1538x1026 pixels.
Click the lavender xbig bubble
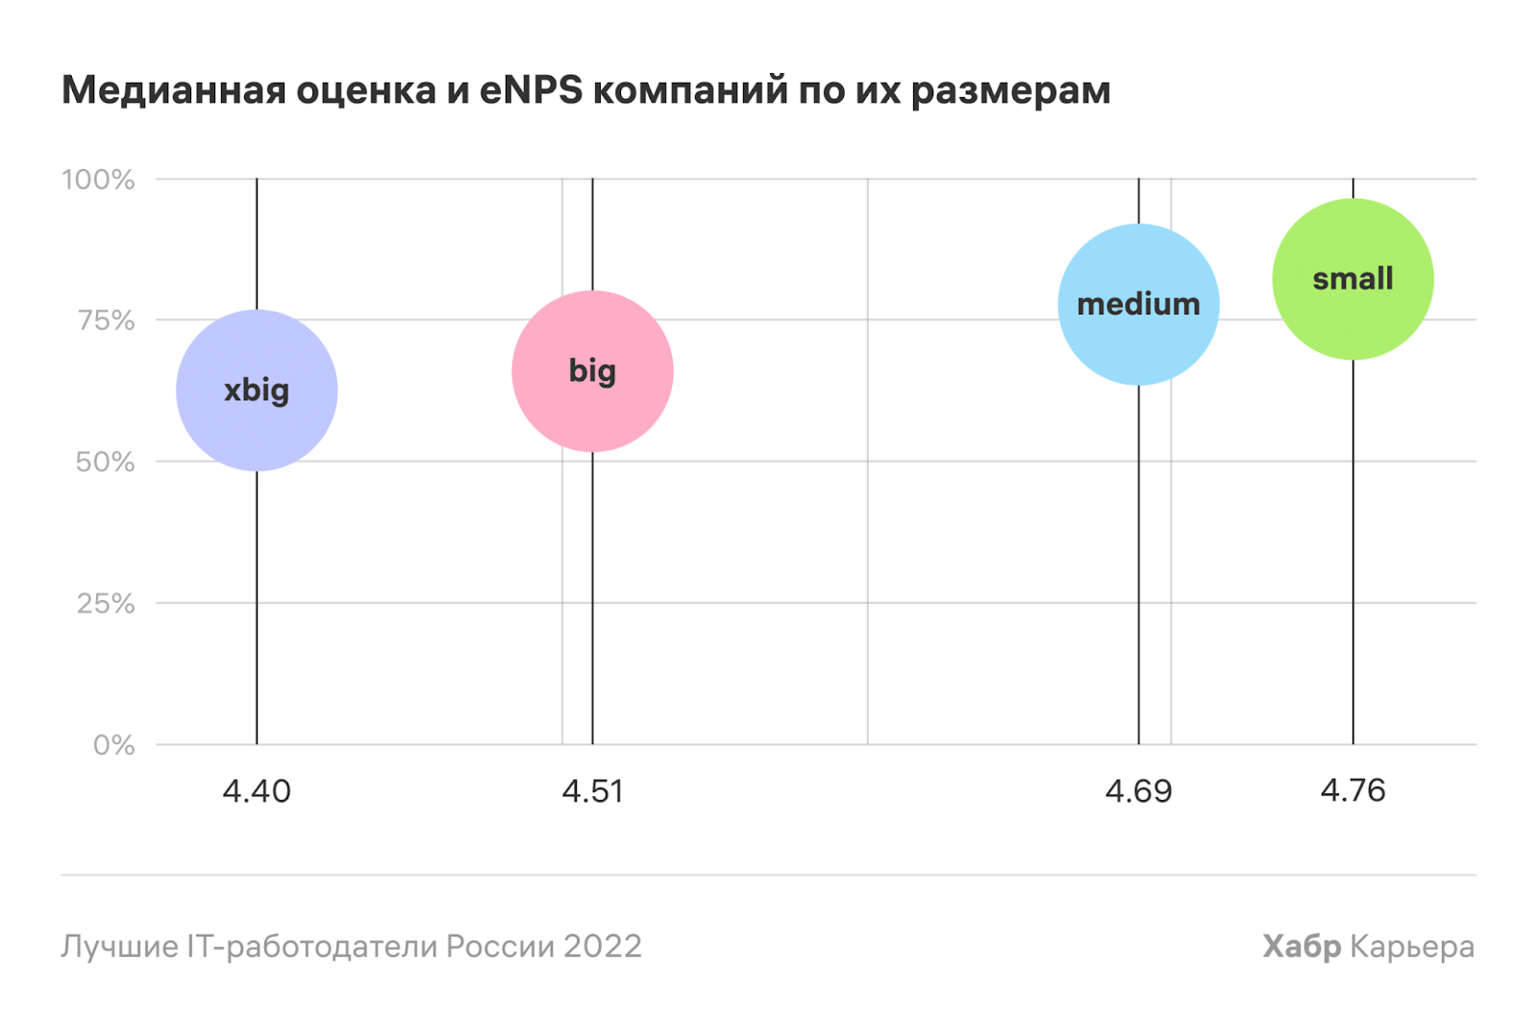(x=257, y=390)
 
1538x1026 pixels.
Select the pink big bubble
(x=592, y=371)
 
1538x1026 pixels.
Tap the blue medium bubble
(x=1138, y=305)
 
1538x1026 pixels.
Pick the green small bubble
(x=1352, y=279)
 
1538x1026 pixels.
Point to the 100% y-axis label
(x=98, y=180)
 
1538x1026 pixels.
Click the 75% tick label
(x=106, y=320)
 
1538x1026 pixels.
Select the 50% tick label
(x=105, y=462)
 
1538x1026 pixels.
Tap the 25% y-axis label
(x=106, y=604)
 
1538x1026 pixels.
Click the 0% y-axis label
(x=113, y=745)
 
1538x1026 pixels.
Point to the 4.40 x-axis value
(x=257, y=791)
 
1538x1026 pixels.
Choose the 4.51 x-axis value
(x=592, y=791)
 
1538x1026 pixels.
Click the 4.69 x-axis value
(x=1138, y=791)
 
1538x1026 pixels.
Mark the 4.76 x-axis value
(x=1352, y=790)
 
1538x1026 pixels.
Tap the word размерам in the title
(x=1010, y=90)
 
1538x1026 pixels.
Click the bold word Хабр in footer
(x=1302, y=946)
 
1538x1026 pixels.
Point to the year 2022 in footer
(x=602, y=946)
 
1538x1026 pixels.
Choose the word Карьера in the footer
(x=1412, y=946)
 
